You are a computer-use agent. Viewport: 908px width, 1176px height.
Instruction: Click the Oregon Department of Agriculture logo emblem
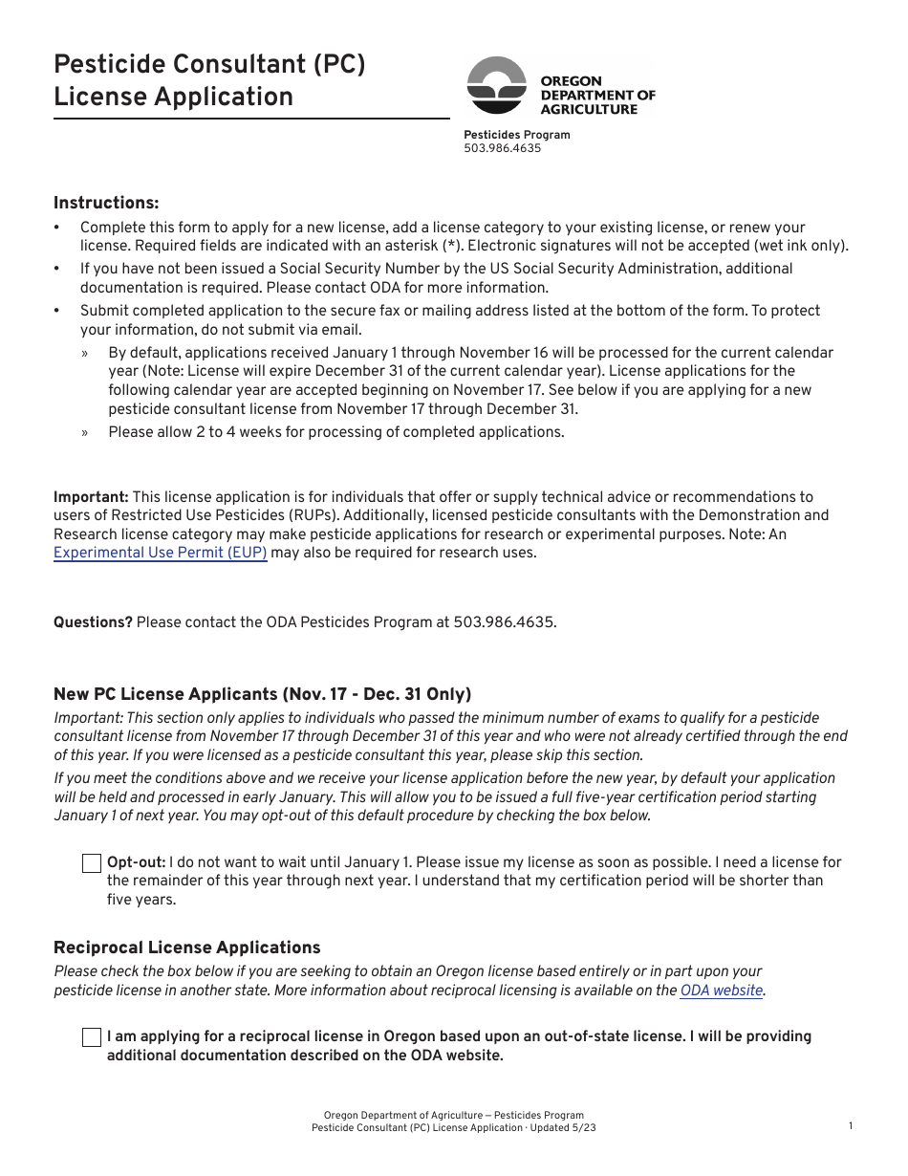click(x=496, y=85)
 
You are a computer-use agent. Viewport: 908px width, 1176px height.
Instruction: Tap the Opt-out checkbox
click(x=92, y=863)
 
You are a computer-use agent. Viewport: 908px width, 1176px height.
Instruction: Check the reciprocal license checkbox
click(x=92, y=1037)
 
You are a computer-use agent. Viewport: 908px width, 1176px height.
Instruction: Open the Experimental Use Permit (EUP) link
click(x=161, y=553)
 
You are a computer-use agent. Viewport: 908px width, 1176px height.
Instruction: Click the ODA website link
click(x=722, y=991)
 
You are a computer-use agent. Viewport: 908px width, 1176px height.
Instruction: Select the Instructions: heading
click(x=106, y=203)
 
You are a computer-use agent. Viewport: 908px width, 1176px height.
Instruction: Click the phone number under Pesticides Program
click(x=502, y=148)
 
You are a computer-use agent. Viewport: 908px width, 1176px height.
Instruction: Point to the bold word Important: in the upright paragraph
click(x=91, y=497)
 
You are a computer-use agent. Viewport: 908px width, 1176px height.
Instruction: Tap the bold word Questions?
click(x=93, y=622)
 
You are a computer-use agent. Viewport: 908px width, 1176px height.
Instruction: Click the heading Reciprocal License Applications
click(x=187, y=947)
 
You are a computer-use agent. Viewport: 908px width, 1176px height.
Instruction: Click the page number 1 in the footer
click(x=851, y=1126)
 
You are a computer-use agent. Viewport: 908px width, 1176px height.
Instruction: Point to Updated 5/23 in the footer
click(x=564, y=1128)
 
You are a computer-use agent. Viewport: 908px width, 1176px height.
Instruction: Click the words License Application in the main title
click(x=173, y=97)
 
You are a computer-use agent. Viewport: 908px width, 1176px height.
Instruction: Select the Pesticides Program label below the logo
click(x=516, y=135)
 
